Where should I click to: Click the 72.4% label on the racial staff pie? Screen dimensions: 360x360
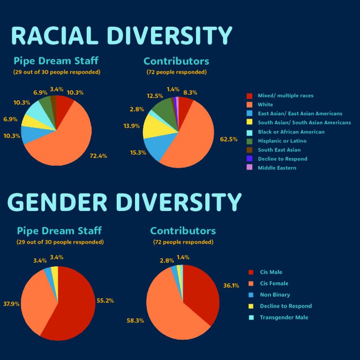(x=98, y=156)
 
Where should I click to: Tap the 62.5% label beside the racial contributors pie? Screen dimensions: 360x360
(x=229, y=139)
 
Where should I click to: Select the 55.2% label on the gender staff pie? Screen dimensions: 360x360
(x=105, y=300)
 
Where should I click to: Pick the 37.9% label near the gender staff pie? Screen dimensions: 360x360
(x=11, y=304)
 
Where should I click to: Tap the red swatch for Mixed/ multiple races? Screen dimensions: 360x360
(x=249, y=96)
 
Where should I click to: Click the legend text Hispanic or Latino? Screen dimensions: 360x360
(x=282, y=141)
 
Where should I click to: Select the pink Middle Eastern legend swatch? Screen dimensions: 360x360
(x=249, y=168)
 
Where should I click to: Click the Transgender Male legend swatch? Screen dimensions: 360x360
(x=250, y=317)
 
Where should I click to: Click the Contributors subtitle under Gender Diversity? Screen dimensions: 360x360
(x=183, y=231)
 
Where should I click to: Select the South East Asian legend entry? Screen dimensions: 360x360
(x=279, y=150)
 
